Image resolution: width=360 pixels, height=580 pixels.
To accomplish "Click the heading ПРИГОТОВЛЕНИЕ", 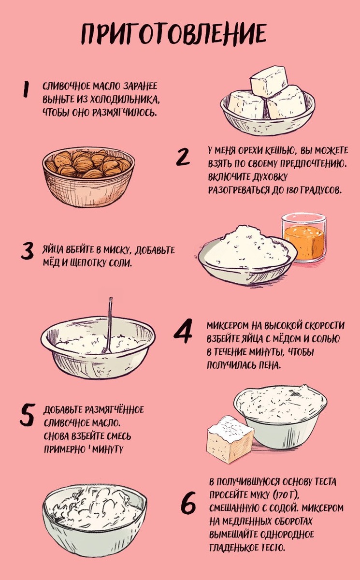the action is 173,34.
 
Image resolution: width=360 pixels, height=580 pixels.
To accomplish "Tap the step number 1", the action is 26,89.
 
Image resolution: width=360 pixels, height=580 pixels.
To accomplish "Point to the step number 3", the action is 27,251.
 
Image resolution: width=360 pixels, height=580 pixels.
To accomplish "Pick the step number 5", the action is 27,415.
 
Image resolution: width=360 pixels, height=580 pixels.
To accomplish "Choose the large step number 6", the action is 188,504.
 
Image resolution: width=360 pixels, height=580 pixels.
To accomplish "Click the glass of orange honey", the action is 304,238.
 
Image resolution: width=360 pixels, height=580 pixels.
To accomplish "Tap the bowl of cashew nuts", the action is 88,177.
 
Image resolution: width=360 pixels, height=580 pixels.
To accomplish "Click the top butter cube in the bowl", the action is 269,81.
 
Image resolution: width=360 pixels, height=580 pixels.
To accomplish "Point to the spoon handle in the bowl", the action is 110,324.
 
